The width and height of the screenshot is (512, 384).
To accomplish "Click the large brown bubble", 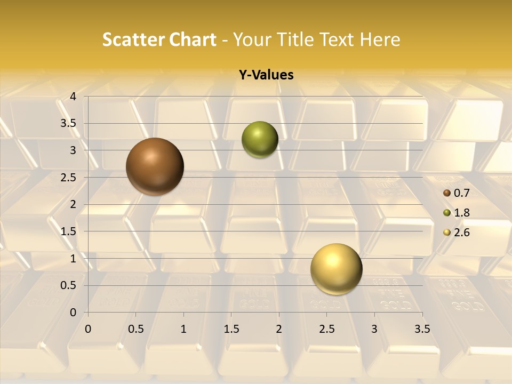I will coord(155,166).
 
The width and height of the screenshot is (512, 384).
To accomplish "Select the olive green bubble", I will coord(260,140).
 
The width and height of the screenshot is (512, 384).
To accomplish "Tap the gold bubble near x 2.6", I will coord(336,269).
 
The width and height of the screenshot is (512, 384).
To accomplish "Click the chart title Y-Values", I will coord(266,75).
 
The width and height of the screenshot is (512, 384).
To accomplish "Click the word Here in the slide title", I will coord(380,39).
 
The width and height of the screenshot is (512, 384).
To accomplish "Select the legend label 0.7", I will coord(461,193).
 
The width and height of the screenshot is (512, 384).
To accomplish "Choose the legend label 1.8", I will coord(461,213).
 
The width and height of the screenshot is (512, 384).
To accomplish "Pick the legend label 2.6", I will coord(461,233).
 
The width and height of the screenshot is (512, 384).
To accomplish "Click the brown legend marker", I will coord(447,193).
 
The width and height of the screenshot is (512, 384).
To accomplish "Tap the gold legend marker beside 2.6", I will coord(447,233).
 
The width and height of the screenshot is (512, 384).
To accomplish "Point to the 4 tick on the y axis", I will coord(73,97).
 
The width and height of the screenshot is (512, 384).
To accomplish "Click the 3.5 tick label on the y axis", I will coord(68,123).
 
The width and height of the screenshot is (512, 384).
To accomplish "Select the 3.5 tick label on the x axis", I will coord(422,329).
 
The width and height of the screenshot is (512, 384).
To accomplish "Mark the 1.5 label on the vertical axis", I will coord(68,231).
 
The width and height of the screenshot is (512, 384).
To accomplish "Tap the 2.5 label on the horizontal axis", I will coord(326,329).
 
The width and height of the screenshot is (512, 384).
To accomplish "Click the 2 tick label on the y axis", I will coord(73,204).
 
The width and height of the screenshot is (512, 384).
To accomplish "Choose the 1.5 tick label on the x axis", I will coord(231,329).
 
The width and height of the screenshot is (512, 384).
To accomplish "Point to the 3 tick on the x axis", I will coord(374,329).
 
